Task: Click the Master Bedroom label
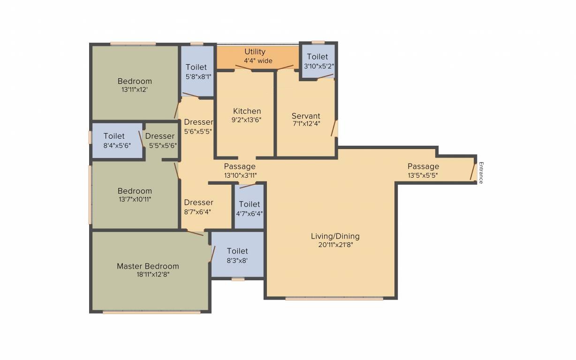click(x=148, y=266)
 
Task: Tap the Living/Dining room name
click(x=335, y=236)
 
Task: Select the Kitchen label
click(x=247, y=111)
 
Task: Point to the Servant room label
click(x=306, y=116)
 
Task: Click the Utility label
click(x=255, y=52)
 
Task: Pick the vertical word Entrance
click(x=481, y=172)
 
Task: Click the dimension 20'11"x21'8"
click(x=335, y=245)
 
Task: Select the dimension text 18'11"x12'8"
click(x=153, y=274)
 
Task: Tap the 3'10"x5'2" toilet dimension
click(x=319, y=66)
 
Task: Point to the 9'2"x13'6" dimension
click(x=246, y=120)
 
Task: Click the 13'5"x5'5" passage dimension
click(x=423, y=175)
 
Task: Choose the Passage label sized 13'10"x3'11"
click(x=240, y=166)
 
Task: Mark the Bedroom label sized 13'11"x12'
click(x=135, y=81)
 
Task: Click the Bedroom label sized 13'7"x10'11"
click(x=135, y=191)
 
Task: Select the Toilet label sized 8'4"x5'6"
click(x=114, y=136)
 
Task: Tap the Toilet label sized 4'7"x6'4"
click(x=250, y=204)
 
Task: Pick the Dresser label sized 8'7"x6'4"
click(x=198, y=202)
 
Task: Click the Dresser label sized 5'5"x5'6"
click(x=159, y=136)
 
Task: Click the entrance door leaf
click(x=473, y=171)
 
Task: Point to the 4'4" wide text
click(x=258, y=61)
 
